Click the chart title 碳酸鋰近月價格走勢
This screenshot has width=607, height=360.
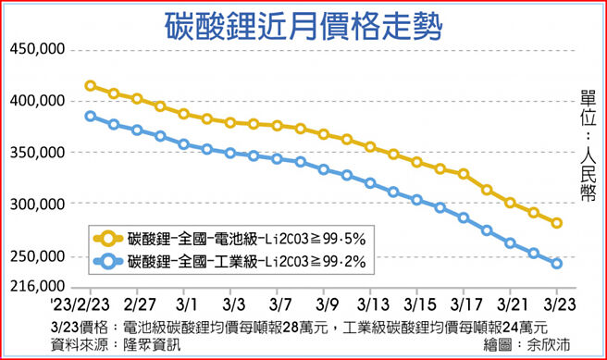click(303, 22)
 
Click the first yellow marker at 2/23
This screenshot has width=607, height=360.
click(90, 86)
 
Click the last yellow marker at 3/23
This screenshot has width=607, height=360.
click(557, 223)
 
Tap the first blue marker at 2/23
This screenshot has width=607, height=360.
click(90, 116)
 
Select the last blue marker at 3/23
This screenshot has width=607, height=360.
click(557, 264)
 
